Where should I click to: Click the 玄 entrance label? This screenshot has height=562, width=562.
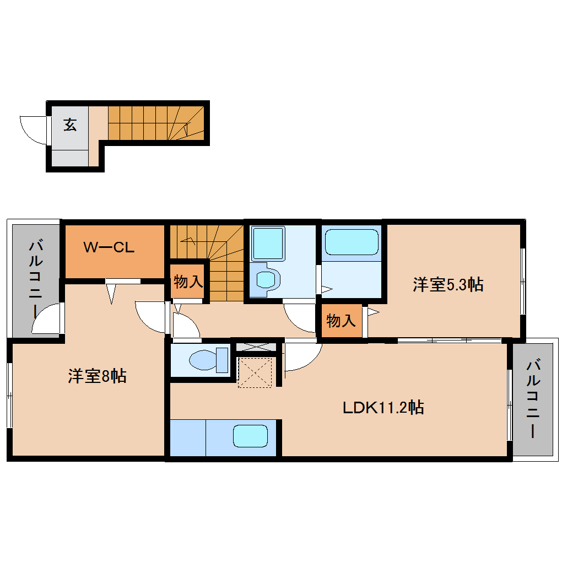pyautogui.click(x=70, y=125)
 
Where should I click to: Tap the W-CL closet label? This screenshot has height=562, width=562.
pyautogui.click(x=109, y=247)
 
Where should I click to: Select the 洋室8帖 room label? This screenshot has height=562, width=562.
pyautogui.click(x=98, y=376)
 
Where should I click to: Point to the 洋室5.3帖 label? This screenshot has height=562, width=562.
pyautogui.click(x=448, y=285)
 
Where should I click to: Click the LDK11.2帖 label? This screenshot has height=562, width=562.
pyautogui.click(x=383, y=408)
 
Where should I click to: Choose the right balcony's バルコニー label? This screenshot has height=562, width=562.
pyautogui.click(x=533, y=399)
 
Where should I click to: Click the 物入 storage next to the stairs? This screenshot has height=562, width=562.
pyautogui.click(x=188, y=282)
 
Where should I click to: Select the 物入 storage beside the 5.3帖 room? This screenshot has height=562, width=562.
pyautogui.click(x=341, y=320)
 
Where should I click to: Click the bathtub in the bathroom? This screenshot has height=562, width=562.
pyautogui.click(x=352, y=242)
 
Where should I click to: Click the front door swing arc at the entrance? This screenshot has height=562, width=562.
pyautogui.click(x=33, y=130)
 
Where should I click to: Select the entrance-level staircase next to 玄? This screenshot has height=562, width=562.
pyautogui.click(x=154, y=122)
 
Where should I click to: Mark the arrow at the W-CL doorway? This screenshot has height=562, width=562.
pyautogui.click(x=112, y=293)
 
